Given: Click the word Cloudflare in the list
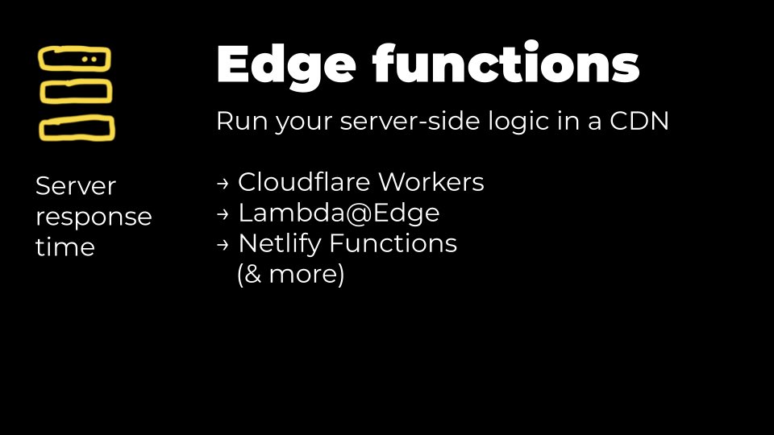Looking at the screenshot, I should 307,183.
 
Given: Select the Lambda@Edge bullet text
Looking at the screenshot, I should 339,213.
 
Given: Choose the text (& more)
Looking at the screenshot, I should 290,275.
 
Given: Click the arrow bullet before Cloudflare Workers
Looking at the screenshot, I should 223,184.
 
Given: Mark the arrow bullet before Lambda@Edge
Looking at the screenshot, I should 223,215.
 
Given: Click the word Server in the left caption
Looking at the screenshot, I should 76,186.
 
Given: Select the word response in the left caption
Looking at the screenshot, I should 94,217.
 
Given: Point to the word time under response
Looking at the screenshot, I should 65,247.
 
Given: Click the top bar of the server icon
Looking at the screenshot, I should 75,60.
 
